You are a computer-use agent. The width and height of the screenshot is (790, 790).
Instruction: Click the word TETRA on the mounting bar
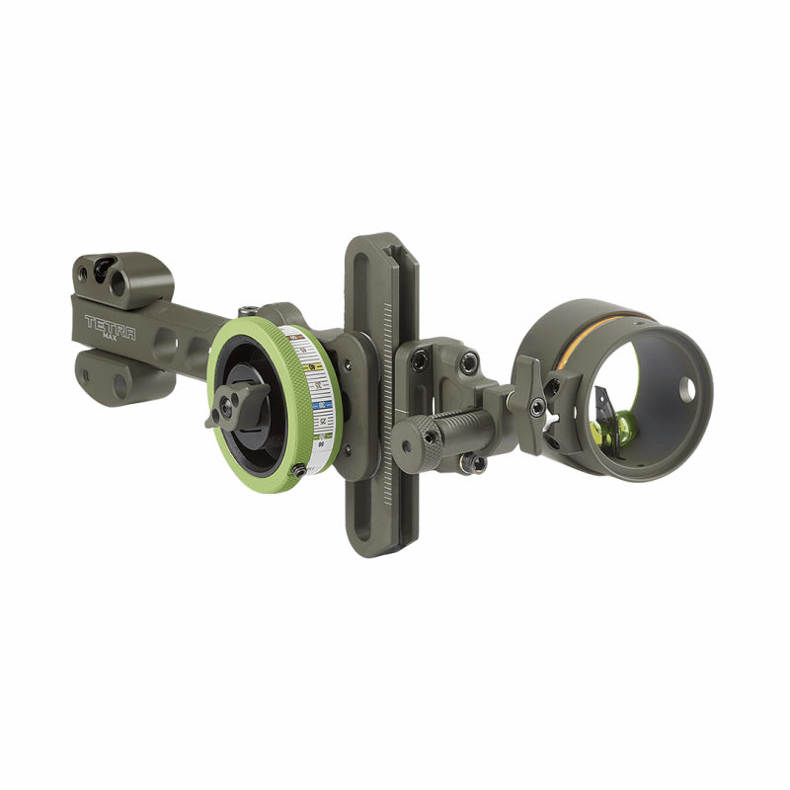tap(110, 323)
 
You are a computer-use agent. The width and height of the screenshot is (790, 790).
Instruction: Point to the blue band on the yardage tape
tap(319, 405)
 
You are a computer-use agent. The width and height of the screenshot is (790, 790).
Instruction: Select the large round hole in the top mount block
tap(118, 284)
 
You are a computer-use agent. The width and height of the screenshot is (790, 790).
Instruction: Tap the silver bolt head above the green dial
tap(254, 312)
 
